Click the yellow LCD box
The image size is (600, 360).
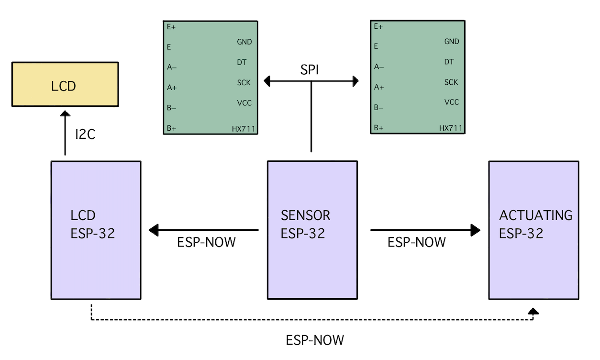coord(65,84)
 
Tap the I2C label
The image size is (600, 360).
coord(85,135)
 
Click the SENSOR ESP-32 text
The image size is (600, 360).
coord(305,224)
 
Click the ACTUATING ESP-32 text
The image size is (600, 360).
coord(535,224)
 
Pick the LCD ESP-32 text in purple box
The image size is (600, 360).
coord(93,224)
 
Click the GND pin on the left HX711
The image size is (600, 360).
coord(244,42)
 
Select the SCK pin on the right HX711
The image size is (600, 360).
coord(451,82)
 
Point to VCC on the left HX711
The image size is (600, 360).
coord(244,103)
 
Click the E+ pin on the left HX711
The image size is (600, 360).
coord(171,27)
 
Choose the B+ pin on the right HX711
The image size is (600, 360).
coord(378,128)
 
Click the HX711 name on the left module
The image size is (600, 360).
coord(244,128)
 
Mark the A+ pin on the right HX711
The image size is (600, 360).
coord(379,87)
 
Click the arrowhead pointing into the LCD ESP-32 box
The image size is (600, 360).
coord(154,230)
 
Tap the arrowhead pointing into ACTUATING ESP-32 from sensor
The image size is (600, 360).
coord(475,230)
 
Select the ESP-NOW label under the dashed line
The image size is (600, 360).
coord(314,340)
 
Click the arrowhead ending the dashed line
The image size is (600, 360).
coord(533,311)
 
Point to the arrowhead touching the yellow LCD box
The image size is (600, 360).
coord(65,113)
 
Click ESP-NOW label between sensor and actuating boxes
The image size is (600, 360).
coord(416,242)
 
